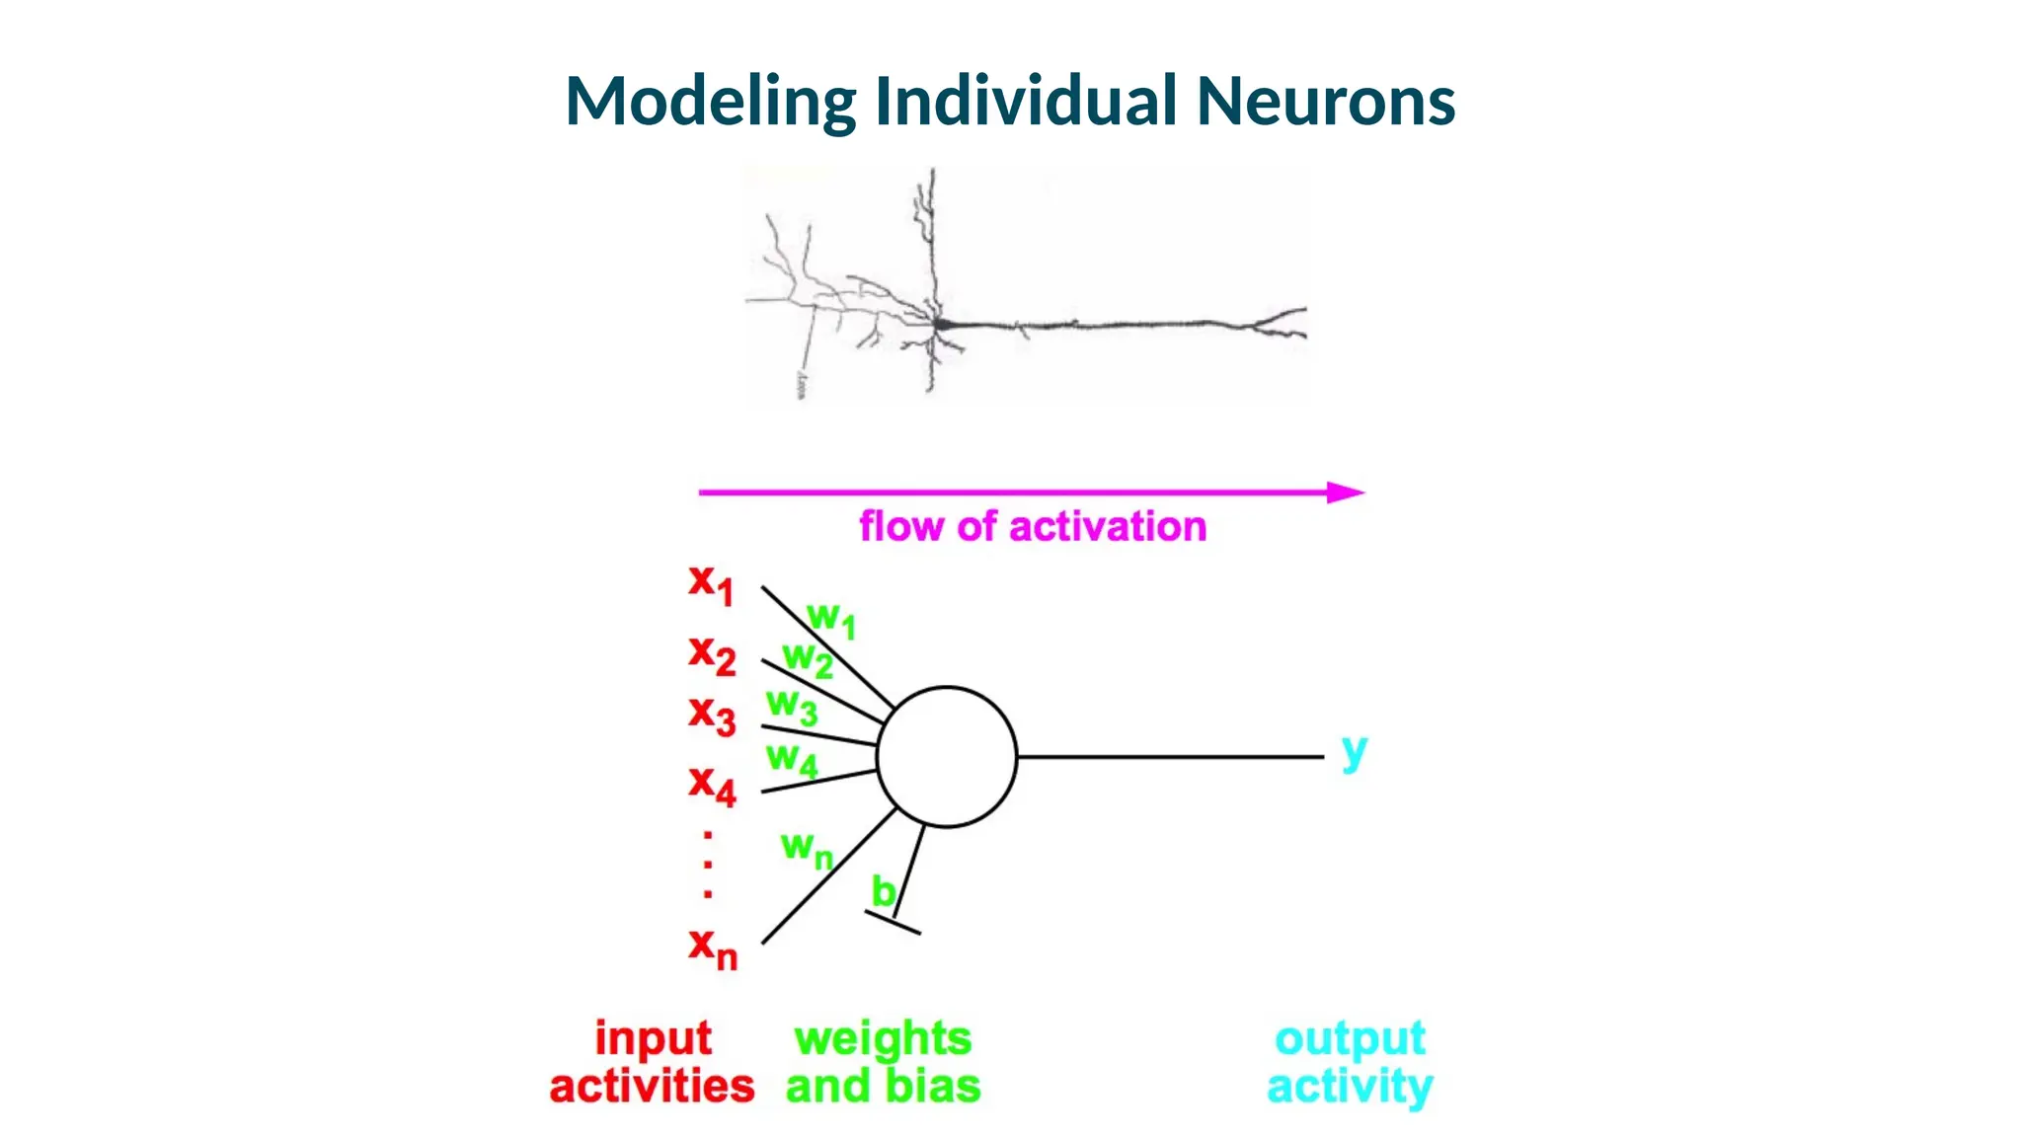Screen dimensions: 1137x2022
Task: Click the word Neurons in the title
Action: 1325,102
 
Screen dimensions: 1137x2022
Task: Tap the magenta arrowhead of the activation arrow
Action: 1345,492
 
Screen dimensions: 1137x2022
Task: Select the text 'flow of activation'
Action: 1032,527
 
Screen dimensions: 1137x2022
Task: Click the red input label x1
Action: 711,583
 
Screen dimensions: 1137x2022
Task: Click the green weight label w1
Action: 830,619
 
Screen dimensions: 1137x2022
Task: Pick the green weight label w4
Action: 792,759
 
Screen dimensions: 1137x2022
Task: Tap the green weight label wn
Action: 806,848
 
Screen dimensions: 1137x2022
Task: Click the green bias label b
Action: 883,891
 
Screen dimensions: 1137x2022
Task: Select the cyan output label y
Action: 1354,752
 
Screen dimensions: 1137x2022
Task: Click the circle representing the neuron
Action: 946,757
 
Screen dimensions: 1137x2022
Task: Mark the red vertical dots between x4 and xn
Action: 708,865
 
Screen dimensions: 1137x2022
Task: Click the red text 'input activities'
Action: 652,1062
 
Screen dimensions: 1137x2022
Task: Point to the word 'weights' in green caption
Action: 883,1038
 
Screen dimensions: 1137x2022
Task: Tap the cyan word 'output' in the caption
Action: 1350,1038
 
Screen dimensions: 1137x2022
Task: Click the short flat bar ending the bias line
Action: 893,923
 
